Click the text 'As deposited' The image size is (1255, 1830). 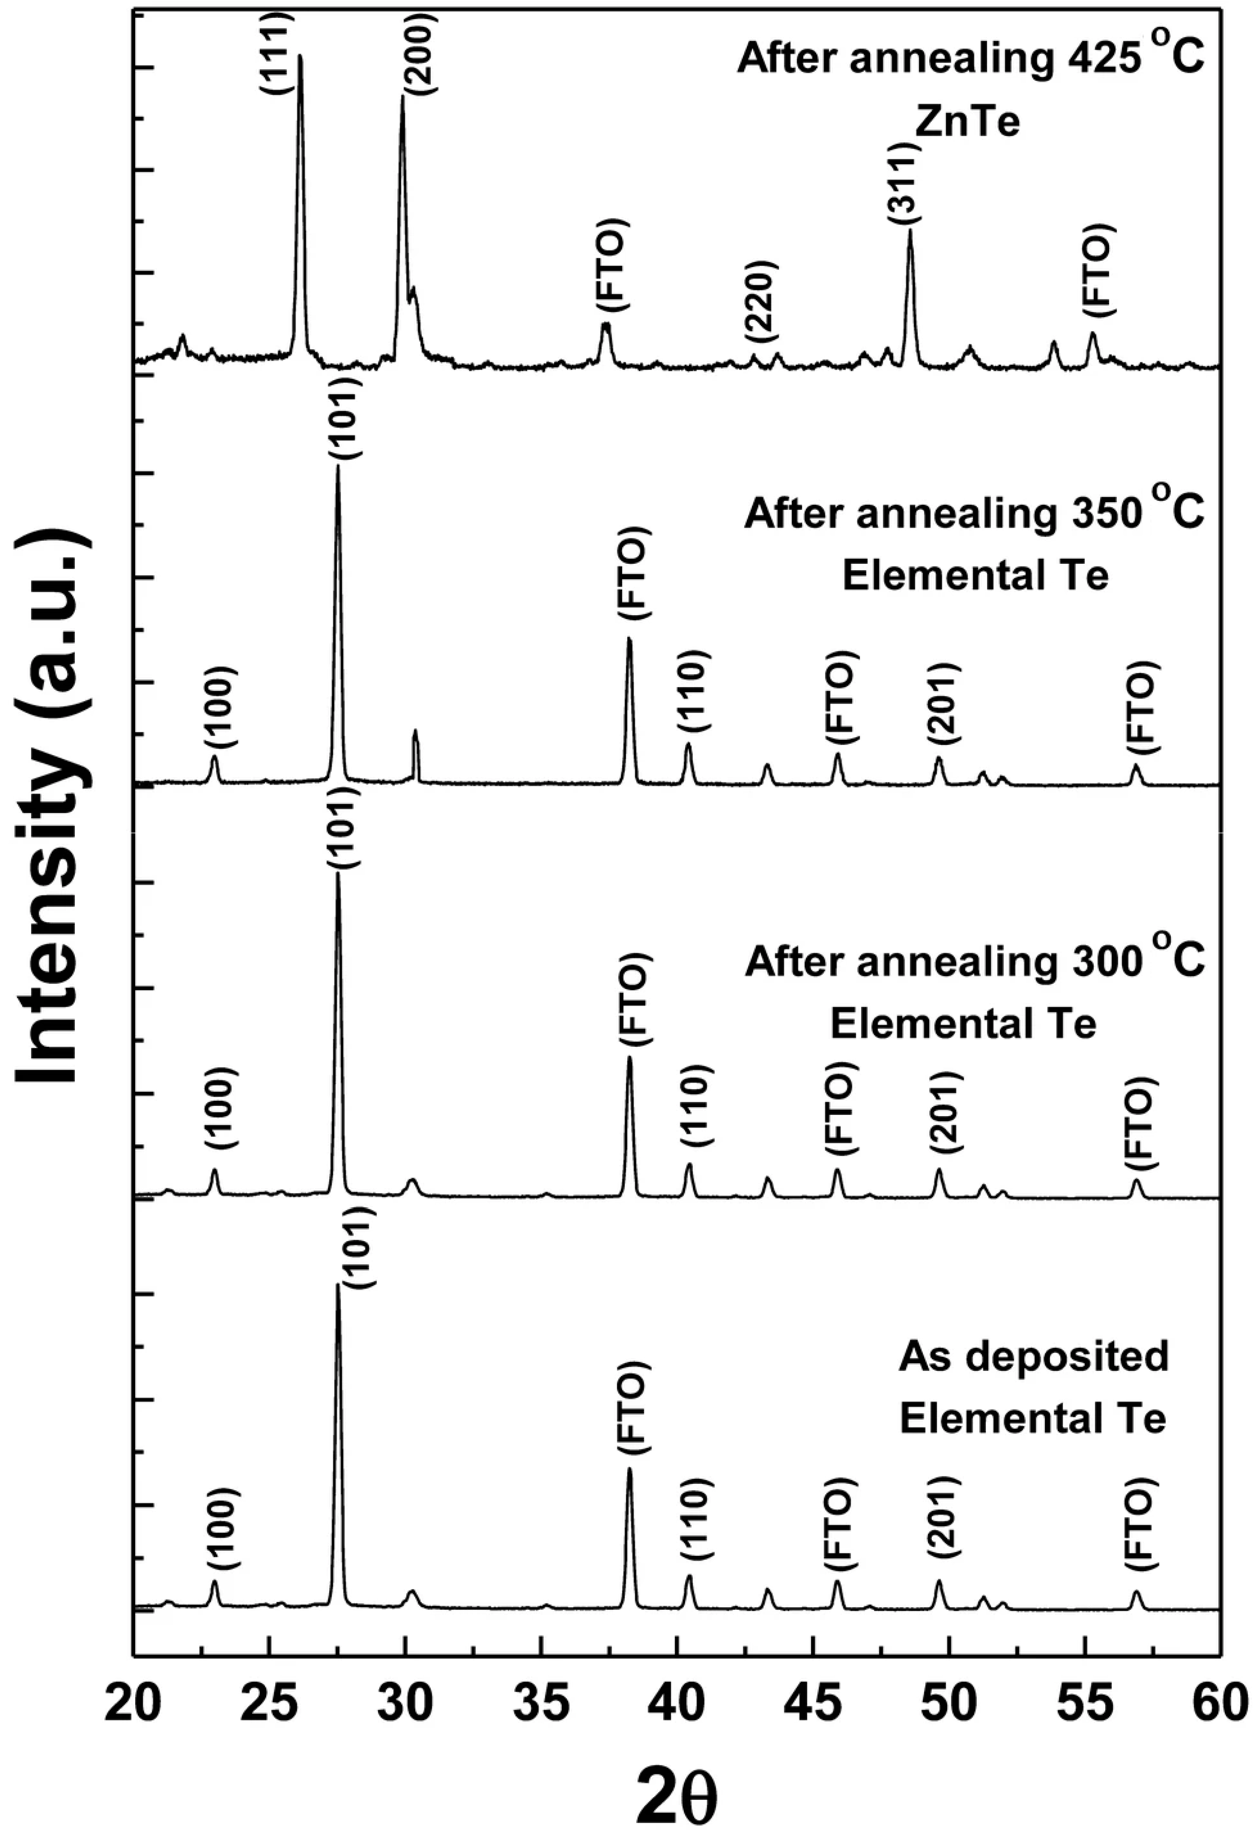coord(1033,1355)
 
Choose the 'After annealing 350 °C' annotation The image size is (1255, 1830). coord(974,513)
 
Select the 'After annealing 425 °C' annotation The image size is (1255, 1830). coord(970,59)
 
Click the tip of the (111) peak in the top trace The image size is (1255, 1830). coord(299,57)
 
